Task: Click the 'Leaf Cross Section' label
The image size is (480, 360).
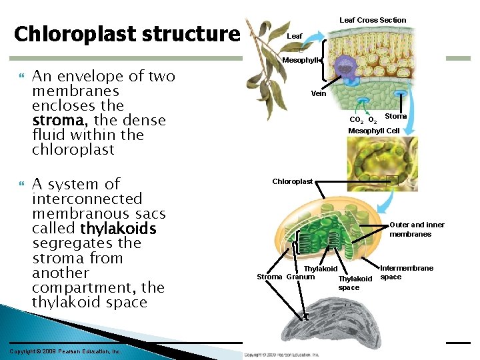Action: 373,20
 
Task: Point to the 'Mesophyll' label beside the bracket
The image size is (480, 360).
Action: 301,61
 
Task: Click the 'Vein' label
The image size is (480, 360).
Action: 319,94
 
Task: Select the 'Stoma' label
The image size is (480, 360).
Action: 396,117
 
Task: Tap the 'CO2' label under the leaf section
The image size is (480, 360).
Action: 357,121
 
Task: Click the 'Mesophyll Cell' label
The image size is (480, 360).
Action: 373,131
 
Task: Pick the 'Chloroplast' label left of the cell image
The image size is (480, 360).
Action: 292,181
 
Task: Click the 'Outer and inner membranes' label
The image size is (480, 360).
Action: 417,229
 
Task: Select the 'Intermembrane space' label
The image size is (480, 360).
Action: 407,272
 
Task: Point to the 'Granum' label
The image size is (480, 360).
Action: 301,277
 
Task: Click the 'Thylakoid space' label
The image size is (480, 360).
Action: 355,283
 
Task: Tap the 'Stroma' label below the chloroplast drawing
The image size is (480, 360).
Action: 270,277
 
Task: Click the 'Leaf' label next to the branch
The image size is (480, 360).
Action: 294,36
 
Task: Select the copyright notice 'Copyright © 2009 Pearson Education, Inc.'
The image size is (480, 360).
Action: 65,351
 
